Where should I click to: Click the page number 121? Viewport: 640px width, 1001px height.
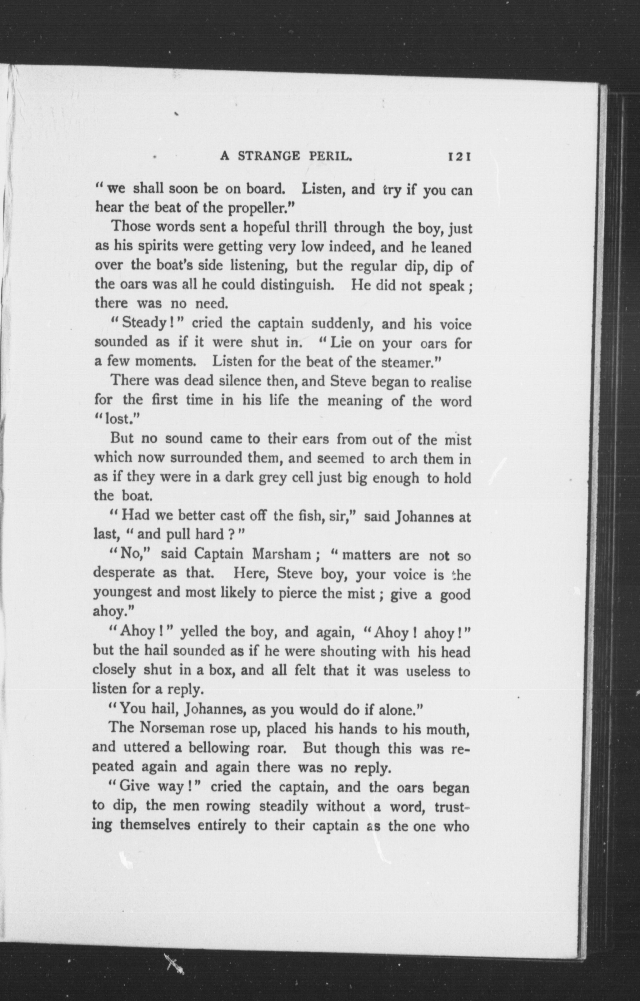tap(458, 157)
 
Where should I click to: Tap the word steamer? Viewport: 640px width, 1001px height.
tap(410, 362)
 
